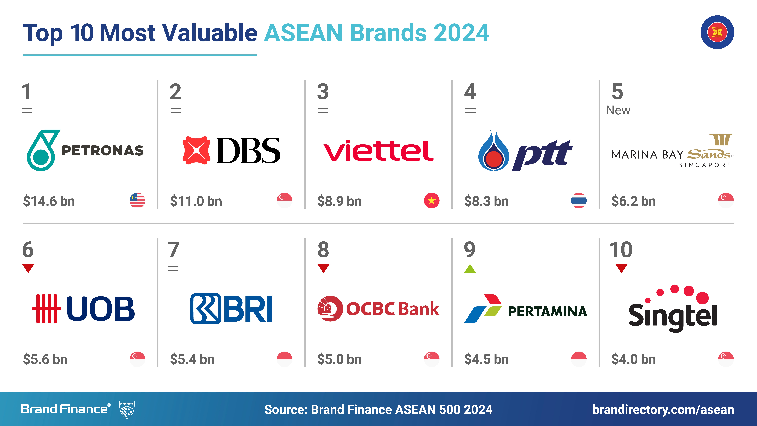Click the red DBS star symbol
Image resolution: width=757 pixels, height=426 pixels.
196,150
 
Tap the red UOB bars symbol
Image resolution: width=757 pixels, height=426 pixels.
46,309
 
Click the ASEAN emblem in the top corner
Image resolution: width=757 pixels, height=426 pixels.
717,32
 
